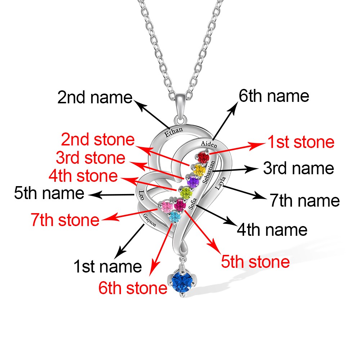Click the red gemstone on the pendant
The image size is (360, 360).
[203, 158]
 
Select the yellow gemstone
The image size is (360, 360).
[199, 170]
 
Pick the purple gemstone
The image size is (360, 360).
[193, 182]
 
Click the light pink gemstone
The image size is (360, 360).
[167, 206]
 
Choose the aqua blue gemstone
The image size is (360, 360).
[175, 217]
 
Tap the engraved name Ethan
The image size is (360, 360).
[174, 132]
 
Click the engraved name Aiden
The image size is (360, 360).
[209, 144]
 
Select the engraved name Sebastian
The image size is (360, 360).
[209, 172]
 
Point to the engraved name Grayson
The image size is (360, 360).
[149, 220]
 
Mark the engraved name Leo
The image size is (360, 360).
[141, 195]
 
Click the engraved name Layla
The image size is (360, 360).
[220, 183]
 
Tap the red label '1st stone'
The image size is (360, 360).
[301, 142]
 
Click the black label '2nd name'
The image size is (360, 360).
[95, 97]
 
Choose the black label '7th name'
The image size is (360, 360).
[305, 201]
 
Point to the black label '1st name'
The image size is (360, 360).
[107, 266]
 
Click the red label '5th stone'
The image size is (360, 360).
[255, 262]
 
